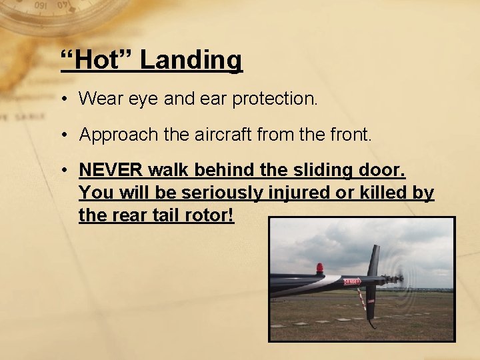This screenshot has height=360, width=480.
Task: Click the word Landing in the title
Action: point(191,60)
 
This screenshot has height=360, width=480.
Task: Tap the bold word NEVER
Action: point(111,170)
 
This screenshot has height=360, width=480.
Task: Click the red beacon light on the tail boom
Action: point(320,269)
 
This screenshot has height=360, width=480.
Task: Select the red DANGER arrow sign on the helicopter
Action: point(351,281)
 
